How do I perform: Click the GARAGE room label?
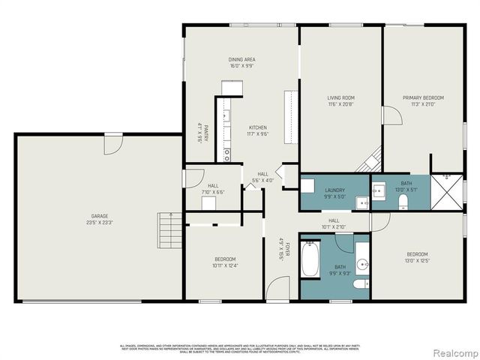(100, 219)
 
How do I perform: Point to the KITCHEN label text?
(258, 130)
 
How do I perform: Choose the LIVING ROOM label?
(340, 101)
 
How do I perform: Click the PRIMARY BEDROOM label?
(423, 101)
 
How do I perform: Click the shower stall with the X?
(448, 192)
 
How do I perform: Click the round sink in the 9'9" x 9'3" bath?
(361, 264)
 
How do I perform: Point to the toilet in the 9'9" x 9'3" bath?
(360, 283)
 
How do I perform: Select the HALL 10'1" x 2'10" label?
(334, 223)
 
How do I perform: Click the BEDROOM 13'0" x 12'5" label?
(417, 257)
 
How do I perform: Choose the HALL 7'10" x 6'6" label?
(213, 189)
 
